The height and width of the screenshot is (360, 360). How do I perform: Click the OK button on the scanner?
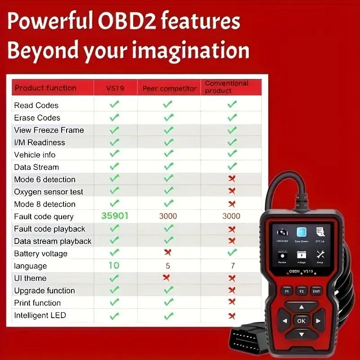[x=301, y=321]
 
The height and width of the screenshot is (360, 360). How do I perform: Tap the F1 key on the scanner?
[x=286, y=291]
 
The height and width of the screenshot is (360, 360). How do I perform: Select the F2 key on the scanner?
[x=301, y=291]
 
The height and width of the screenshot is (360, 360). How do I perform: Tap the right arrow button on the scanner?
[x=318, y=321]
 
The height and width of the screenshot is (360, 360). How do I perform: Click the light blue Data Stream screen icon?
[x=301, y=232]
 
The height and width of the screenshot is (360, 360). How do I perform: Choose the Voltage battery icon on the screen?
[x=301, y=255]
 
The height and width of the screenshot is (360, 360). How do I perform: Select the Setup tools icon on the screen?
[x=320, y=255]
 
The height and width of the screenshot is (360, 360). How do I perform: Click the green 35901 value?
[x=115, y=216]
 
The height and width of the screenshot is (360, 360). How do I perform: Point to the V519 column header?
[x=115, y=88]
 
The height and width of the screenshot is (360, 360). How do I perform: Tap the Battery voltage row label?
[x=40, y=254]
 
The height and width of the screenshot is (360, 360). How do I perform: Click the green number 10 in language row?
[x=114, y=265]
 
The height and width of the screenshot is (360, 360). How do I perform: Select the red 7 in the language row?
[x=232, y=266]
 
